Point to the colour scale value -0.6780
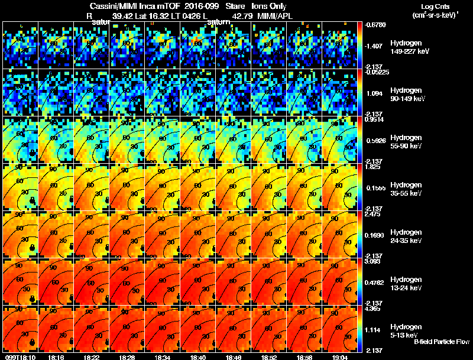[376, 25]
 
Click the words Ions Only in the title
[271, 7]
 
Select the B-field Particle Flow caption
[441, 342]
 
